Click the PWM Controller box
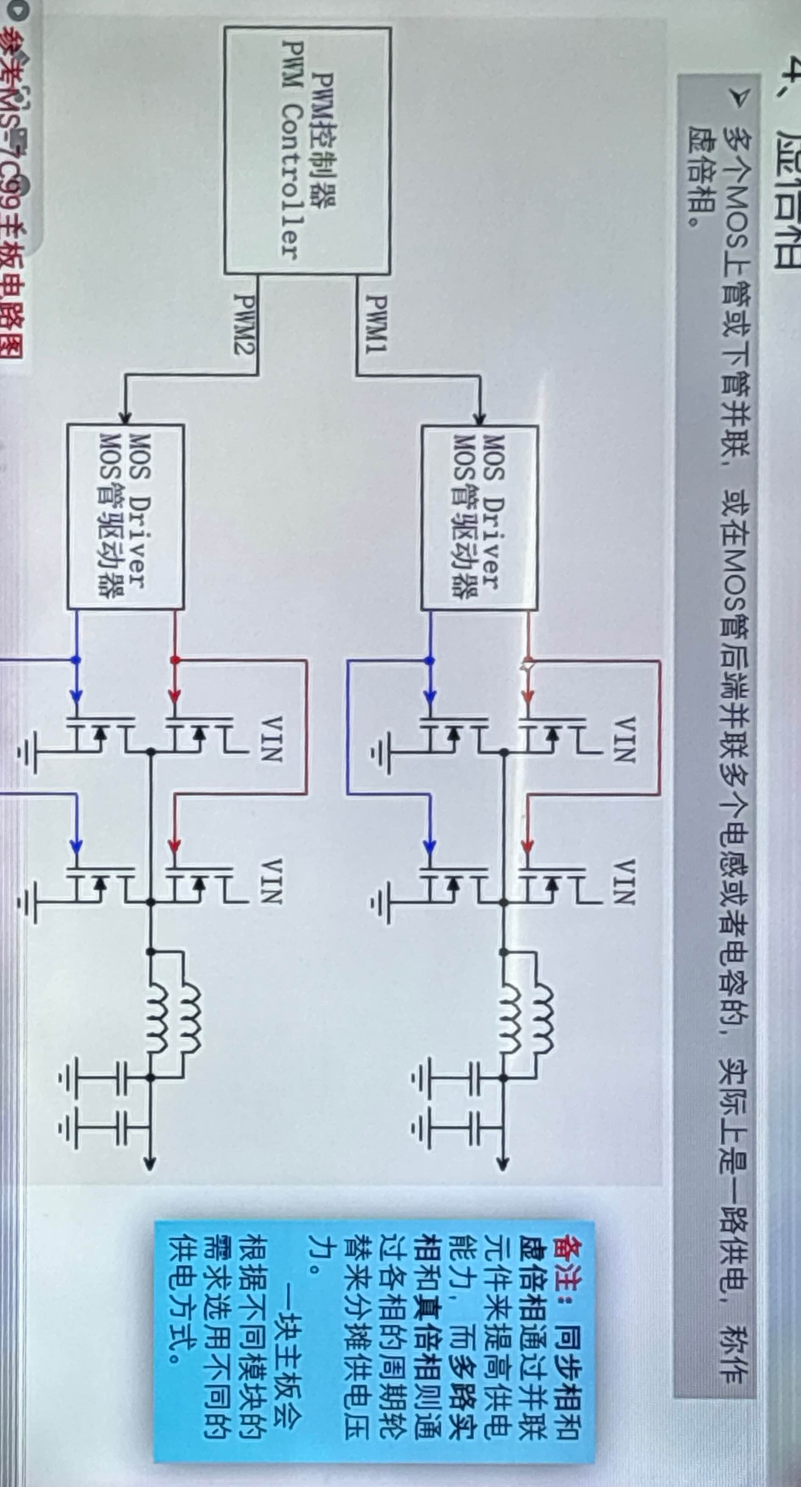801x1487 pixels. pos(307,150)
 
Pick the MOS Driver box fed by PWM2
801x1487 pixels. pos(125,516)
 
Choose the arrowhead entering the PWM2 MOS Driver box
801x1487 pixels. pos(125,418)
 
